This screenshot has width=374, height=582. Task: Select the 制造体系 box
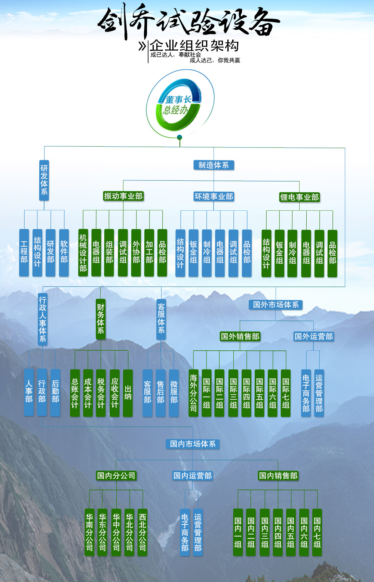click(x=214, y=165)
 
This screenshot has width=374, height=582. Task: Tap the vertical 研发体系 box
click(x=44, y=180)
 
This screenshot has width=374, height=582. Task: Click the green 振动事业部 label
click(x=123, y=196)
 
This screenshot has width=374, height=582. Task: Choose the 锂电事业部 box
click(x=299, y=197)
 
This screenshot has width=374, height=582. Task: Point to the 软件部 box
click(x=64, y=253)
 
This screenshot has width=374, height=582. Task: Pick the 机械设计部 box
click(x=83, y=253)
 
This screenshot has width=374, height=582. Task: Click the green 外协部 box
click(x=136, y=253)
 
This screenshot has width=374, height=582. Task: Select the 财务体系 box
click(x=101, y=319)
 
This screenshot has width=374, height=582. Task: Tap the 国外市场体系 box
click(x=276, y=305)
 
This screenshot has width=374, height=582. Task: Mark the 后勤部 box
click(x=55, y=392)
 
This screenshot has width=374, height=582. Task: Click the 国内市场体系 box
click(x=193, y=444)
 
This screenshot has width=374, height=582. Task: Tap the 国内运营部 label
click(x=193, y=476)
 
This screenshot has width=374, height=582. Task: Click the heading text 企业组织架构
click(x=194, y=46)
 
